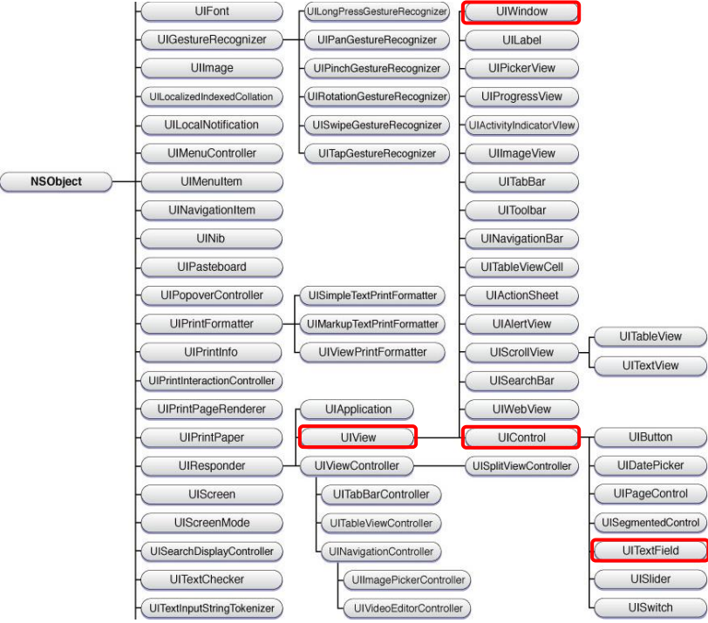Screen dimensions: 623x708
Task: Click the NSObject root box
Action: (x=56, y=182)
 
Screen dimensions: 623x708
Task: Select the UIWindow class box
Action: (x=521, y=12)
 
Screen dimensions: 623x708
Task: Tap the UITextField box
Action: (x=650, y=551)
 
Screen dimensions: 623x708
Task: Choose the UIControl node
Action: (x=521, y=437)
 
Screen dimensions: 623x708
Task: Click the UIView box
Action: (x=357, y=437)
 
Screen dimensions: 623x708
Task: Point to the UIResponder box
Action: (x=211, y=465)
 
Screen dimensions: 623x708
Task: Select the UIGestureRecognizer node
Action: (x=211, y=40)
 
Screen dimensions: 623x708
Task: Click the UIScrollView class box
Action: (x=521, y=352)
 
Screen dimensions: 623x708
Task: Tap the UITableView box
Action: (x=650, y=336)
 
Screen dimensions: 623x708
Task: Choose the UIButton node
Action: (x=650, y=437)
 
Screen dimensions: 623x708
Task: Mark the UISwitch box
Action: (x=650, y=607)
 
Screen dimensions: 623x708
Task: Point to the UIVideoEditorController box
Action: (x=406, y=607)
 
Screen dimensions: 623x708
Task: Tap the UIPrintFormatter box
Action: (x=211, y=324)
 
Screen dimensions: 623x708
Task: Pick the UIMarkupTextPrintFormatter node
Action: (x=371, y=324)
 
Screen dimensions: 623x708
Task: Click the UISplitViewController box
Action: (x=521, y=465)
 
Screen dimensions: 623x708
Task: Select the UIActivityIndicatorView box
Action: (x=521, y=125)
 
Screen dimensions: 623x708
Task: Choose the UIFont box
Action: (x=211, y=12)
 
